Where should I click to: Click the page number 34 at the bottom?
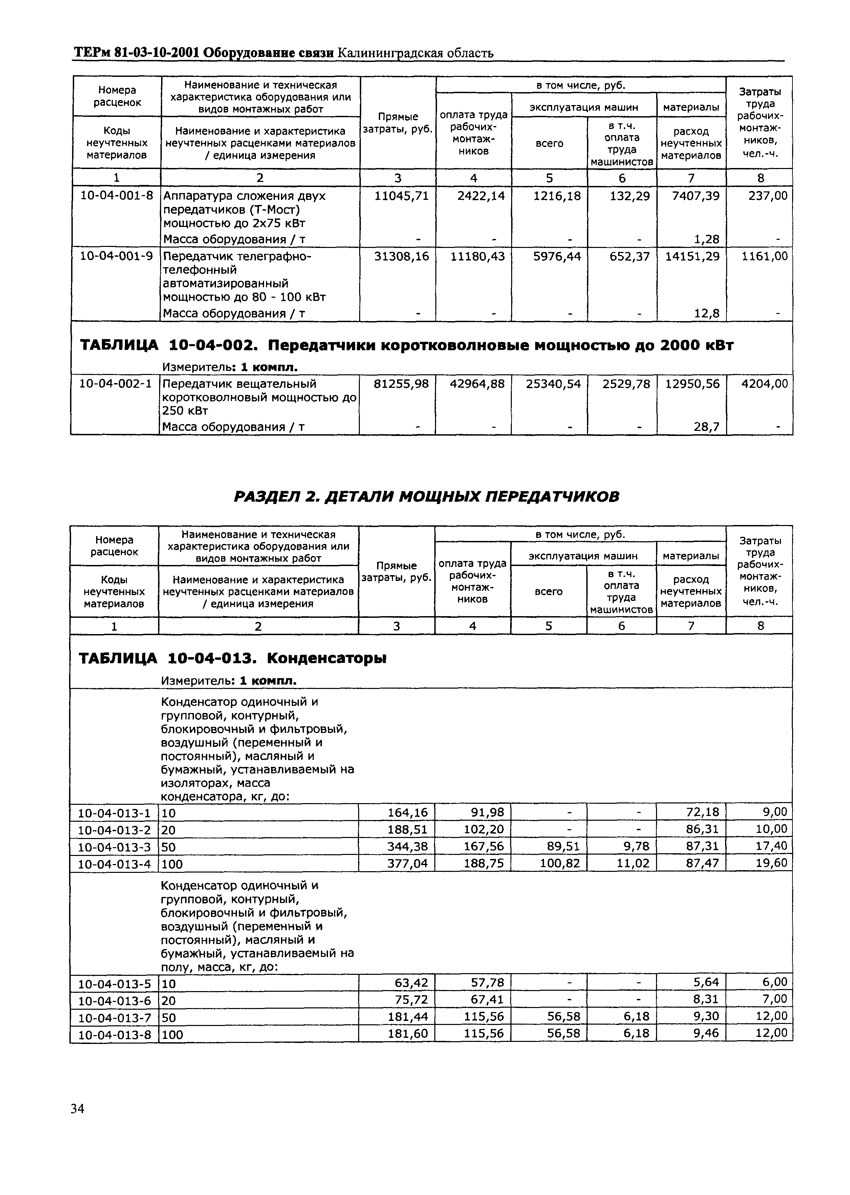pyautogui.click(x=78, y=1109)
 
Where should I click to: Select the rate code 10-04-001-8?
pyautogui.click(x=116, y=196)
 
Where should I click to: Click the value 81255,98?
pyautogui.click(x=401, y=384)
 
